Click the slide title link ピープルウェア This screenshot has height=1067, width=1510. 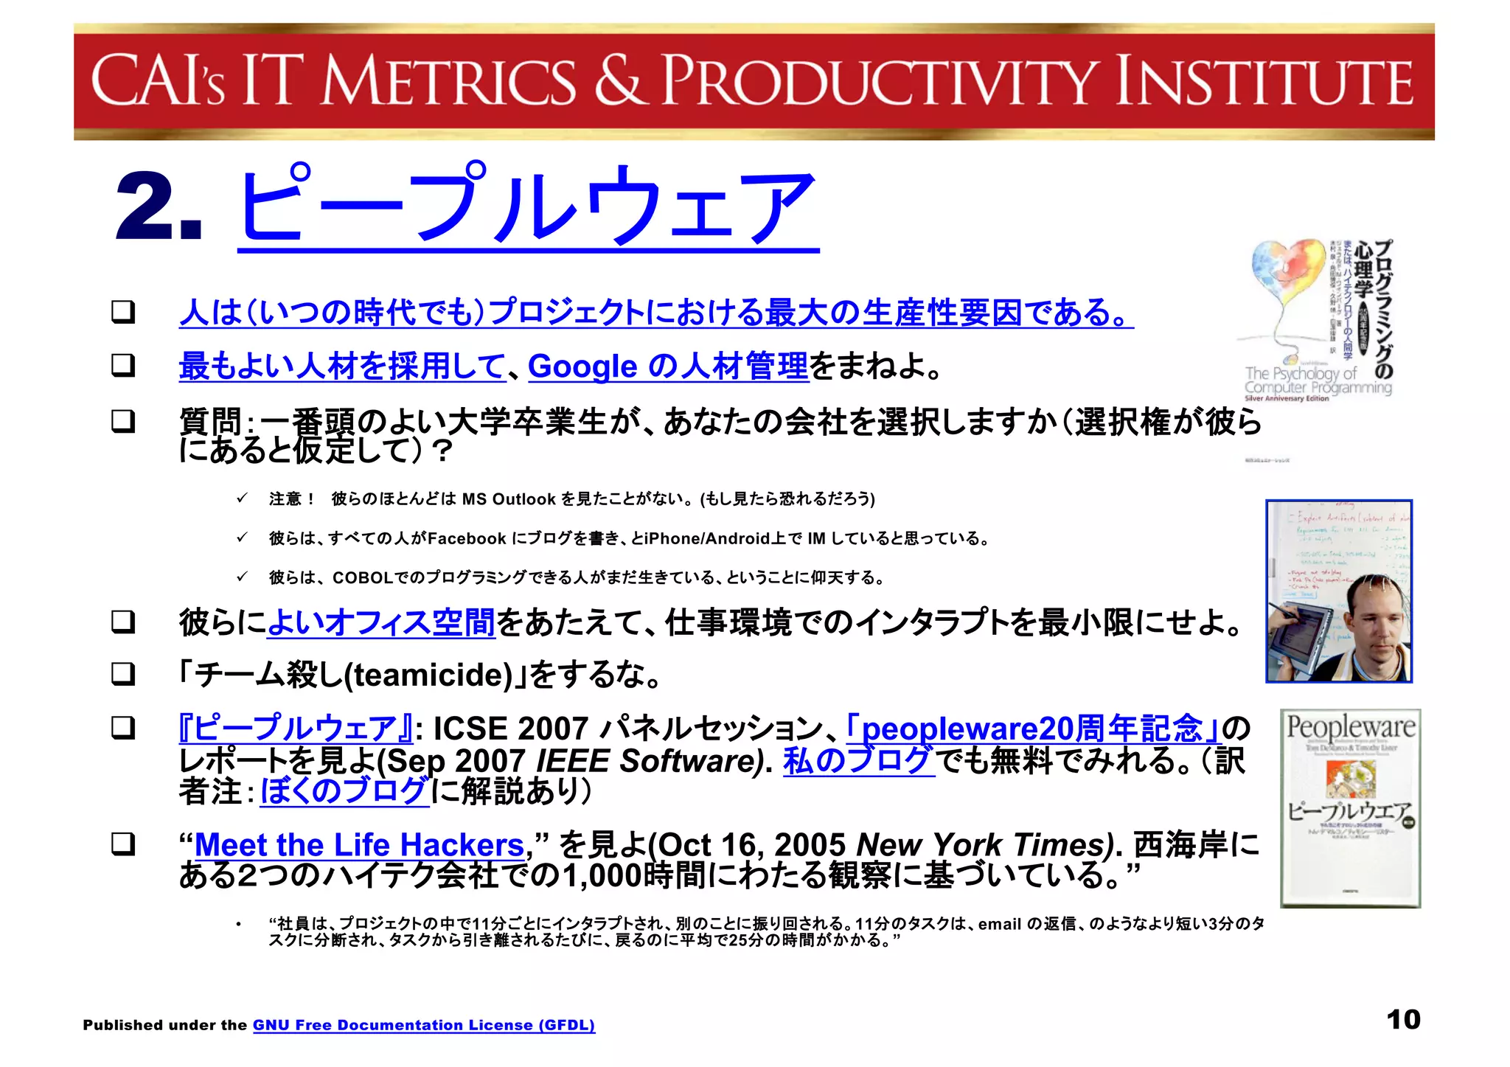pos(527,206)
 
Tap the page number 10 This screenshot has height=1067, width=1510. pos(1402,1020)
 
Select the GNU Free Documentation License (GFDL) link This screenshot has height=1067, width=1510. pos(423,1025)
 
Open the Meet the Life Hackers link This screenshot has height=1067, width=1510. pos(358,845)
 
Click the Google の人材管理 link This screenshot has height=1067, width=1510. pos(668,366)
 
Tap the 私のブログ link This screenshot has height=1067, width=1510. pos(858,761)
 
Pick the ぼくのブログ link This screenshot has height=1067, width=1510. pos(344,791)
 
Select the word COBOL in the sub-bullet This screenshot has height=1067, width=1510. pos(362,577)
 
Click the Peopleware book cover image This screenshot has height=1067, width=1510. pos(1350,807)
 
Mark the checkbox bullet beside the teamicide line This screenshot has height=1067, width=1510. pos(123,674)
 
